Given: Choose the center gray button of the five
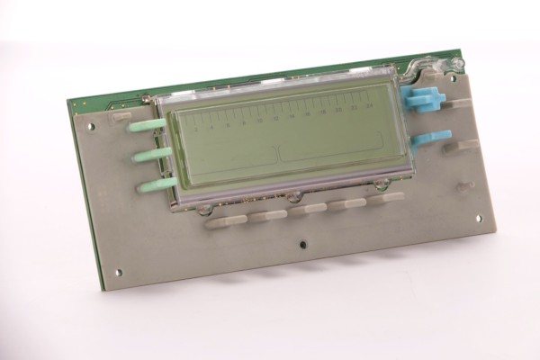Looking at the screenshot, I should (308, 209).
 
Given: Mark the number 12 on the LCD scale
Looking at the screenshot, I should (276, 119).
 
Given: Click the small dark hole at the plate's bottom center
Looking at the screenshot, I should (304, 244).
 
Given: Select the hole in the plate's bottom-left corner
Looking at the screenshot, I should (118, 272).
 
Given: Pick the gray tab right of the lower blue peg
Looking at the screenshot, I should (460, 145).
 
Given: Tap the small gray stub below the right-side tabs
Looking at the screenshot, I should (464, 187).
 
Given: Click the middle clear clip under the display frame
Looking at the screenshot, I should (293, 196).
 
